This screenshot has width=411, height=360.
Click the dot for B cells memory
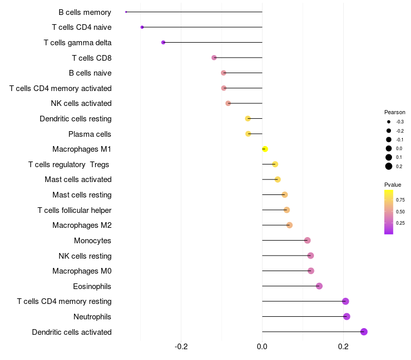[x=126, y=12]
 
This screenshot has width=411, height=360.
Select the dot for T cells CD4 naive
[x=142, y=27]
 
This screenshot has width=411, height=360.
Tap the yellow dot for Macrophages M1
[x=265, y=149]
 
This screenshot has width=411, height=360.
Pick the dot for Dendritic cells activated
[x=364, y=332]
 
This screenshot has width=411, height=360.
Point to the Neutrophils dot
[x=347, y=316]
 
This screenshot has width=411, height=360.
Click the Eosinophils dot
[x=319, y=286]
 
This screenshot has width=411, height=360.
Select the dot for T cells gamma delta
[x=163, y=42]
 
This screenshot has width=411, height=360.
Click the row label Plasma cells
[x=90, y=134]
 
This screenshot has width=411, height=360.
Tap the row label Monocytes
[x=92, y=241]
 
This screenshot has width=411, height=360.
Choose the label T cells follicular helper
[x=74, y=210]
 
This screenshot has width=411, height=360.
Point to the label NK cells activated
[x=81, y=103]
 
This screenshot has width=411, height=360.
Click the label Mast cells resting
[x=82, y=195]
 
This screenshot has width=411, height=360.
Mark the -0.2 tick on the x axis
[x=181, y=346]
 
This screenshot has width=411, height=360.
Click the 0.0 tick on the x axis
[x=263, y=346]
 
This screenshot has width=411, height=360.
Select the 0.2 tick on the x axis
[x=344, y=346]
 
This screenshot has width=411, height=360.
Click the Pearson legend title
[x=395, y=112]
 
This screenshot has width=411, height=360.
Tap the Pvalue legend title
[x=393, y=185]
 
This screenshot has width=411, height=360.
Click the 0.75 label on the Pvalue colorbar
[x=400, y=200]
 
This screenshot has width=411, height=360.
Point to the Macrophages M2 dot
[x=289, y=225]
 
